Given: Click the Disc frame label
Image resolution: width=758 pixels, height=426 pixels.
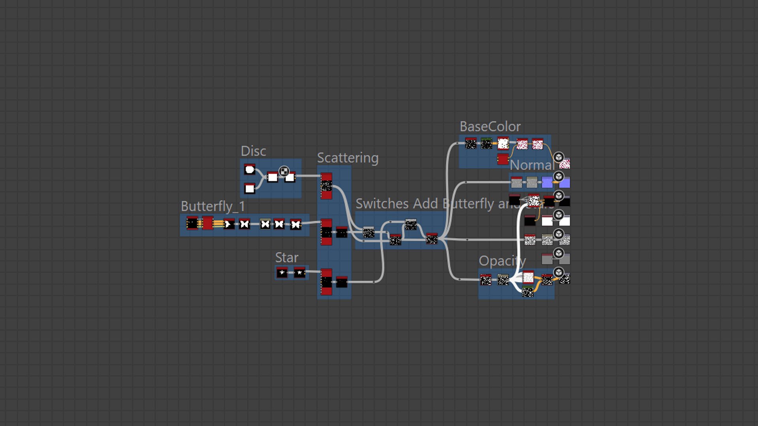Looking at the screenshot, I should point(253,151).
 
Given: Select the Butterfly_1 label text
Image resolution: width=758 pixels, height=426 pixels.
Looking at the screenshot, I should point(213,206).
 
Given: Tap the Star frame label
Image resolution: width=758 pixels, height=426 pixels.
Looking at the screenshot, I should point(286,258).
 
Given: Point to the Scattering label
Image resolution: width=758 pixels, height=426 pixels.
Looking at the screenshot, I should point(347,158).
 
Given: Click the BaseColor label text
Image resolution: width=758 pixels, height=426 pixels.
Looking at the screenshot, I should point(490,127).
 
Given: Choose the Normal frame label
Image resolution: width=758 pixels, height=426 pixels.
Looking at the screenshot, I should point(532,165).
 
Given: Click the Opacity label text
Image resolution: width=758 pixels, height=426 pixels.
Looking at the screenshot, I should point(502,261).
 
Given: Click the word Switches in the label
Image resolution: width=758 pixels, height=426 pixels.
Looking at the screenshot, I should point(382,204).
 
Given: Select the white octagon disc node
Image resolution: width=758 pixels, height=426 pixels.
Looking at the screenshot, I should point(250,170).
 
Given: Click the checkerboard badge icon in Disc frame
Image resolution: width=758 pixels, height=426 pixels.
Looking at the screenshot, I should point(284,171).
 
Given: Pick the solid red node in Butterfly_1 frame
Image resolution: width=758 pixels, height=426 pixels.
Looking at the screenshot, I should point(208,223).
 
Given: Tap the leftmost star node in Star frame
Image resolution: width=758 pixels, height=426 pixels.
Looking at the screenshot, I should point(282,273).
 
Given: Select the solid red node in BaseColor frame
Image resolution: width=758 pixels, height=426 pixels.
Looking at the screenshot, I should point(503,159).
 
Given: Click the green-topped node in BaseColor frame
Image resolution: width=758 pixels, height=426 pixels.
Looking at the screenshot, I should point(486,144).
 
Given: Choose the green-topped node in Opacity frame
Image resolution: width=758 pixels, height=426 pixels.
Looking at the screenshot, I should point(503,280).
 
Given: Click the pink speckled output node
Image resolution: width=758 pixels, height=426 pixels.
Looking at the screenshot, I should point(565,163).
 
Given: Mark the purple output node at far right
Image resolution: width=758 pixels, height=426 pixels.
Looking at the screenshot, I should point(565,183).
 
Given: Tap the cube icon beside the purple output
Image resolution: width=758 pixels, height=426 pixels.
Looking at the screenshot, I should point(559,176).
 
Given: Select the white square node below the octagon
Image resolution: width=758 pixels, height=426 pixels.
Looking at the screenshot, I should point(250,189).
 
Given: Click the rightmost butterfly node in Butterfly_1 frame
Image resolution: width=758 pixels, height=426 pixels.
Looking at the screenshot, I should point(296,224).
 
